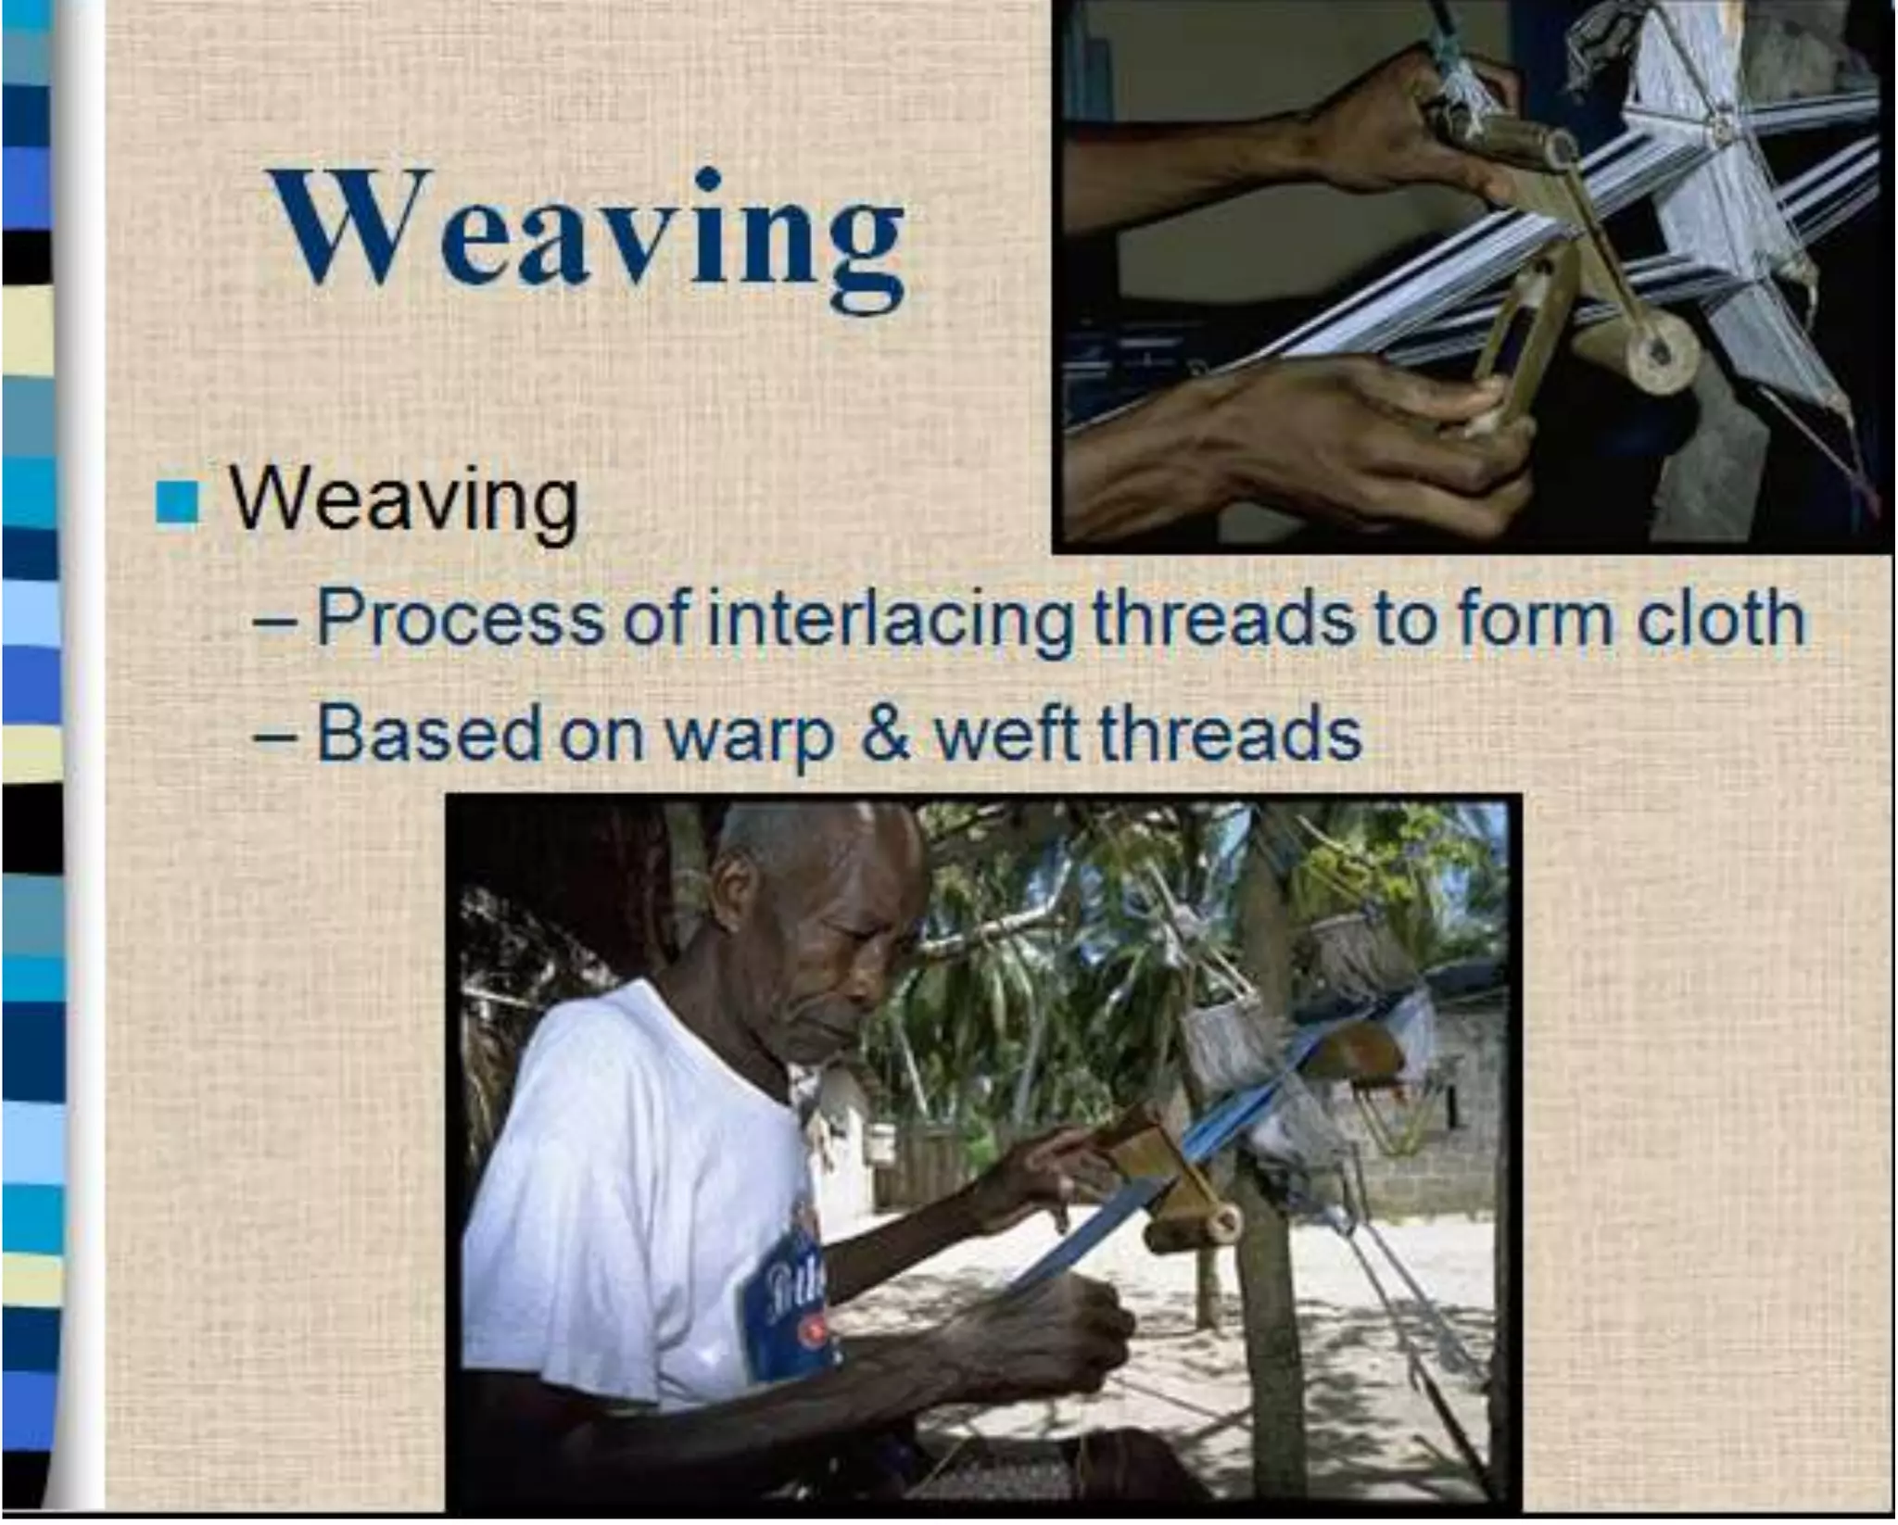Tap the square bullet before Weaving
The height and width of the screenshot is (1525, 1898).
coord(176,504)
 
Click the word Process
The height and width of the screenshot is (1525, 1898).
coord(458,619)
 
